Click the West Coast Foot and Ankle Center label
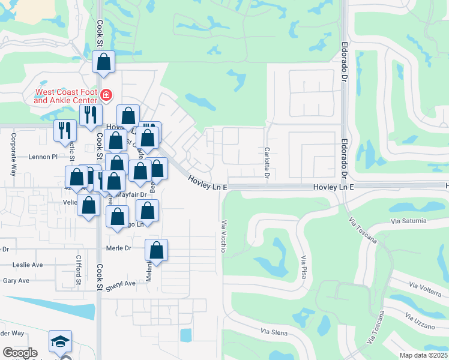pos(65,96)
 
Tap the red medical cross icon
pos(106,95)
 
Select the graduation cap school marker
pos(60,341)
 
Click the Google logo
pos(20,353)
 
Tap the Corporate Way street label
pos(13,158)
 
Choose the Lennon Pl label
pos(42,157)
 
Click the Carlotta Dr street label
pos(267,163)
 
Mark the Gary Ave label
pos(16,280)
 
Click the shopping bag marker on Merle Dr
pos(156,251)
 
